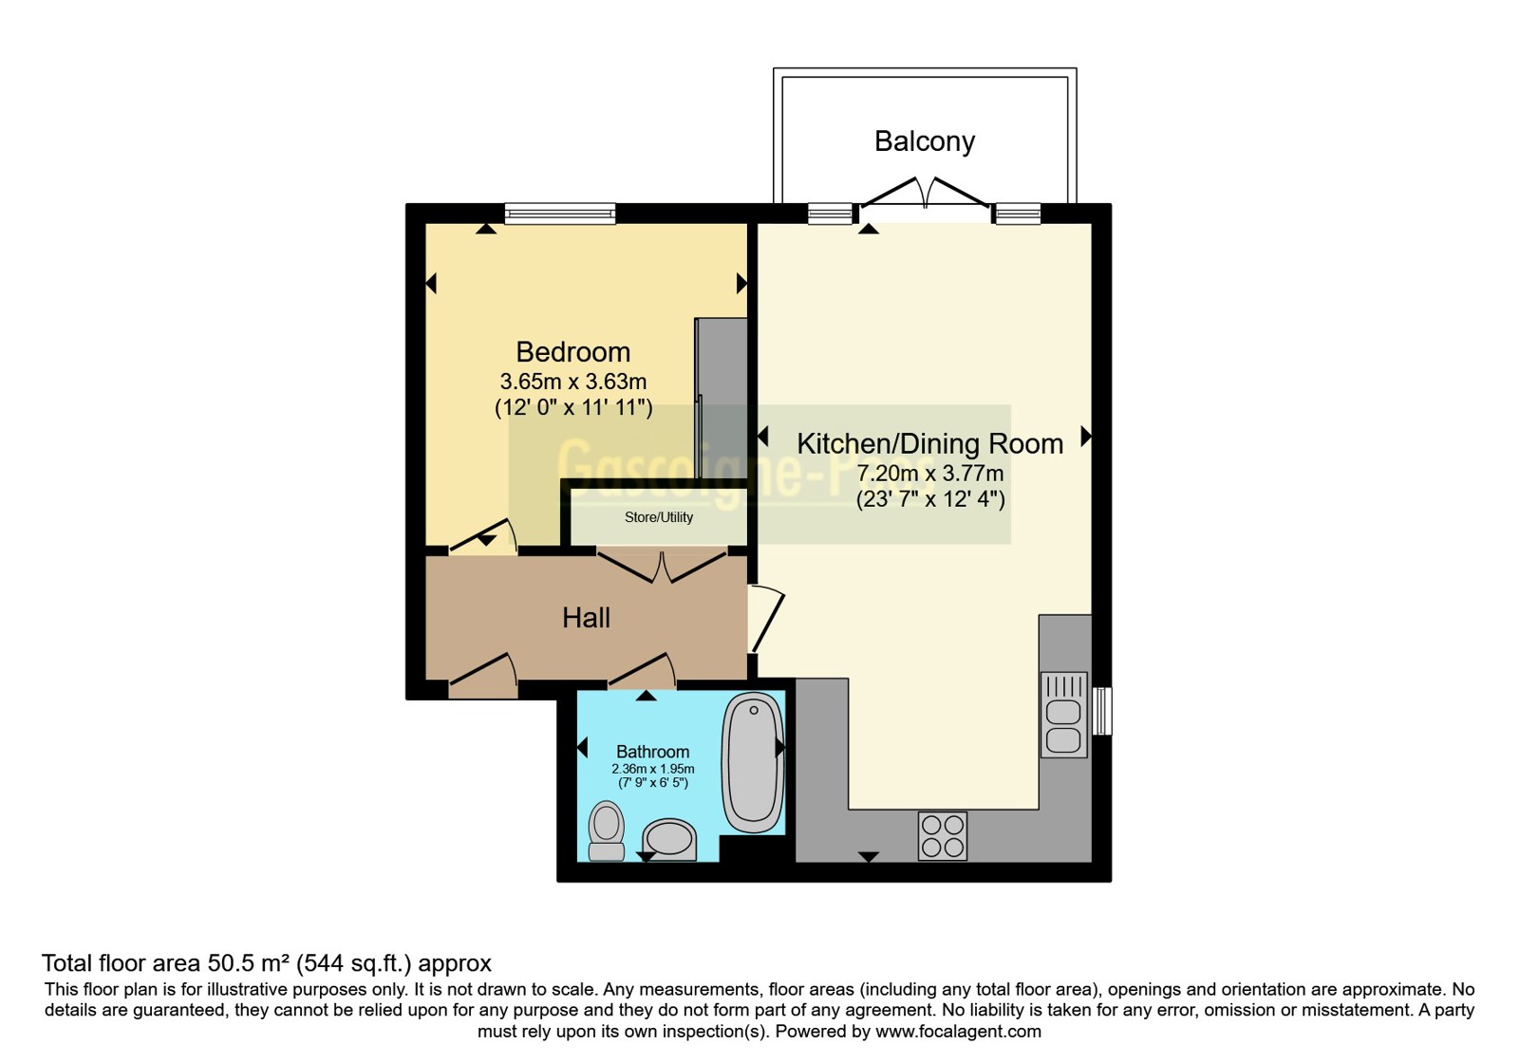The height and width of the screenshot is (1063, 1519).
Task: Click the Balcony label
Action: (925, 141)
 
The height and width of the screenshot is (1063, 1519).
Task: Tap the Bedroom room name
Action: (573, 352)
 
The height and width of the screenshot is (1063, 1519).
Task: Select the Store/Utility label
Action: (659, 517)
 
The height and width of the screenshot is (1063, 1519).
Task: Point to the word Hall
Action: (586, 618)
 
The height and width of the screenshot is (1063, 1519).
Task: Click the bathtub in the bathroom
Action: (754, 762)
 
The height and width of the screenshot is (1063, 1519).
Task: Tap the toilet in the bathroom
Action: (607, 831)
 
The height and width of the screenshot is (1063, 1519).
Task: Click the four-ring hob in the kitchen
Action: (943, 836)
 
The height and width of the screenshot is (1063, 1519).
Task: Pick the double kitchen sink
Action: (1063, 715)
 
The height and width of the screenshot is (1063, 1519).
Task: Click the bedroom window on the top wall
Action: (560, 214)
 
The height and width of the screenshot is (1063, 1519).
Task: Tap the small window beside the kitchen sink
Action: (1103, 711)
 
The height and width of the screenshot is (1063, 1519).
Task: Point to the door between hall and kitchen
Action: (766, 618)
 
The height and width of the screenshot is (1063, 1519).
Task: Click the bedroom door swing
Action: (483, 536)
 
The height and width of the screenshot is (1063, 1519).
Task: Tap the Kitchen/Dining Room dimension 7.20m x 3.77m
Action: (929, 474)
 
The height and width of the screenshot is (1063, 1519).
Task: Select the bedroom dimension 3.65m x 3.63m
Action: (573, 382)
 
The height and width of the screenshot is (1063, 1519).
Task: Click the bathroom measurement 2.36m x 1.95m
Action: (652, 769)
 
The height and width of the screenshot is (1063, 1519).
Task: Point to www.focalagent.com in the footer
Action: (958, 1031)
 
